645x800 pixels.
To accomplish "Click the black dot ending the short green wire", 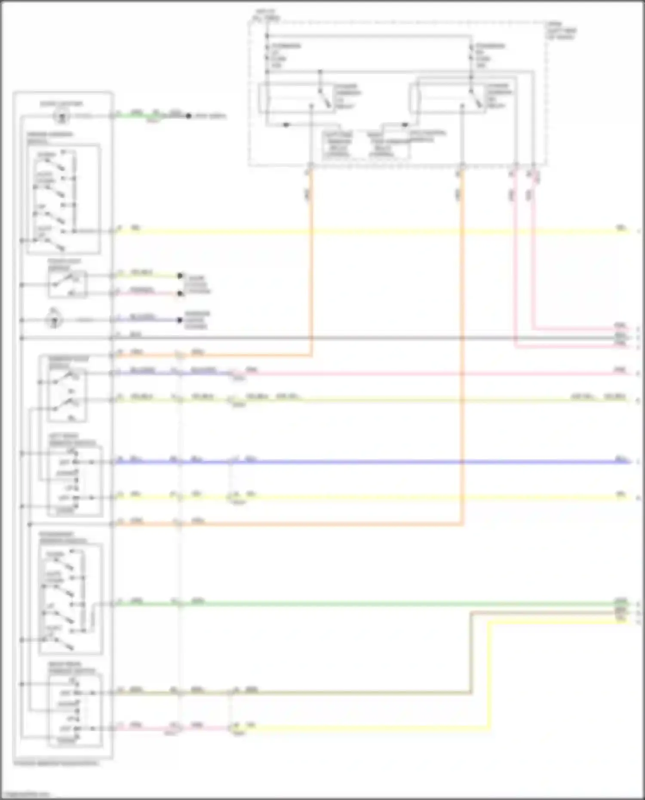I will coord(188,116).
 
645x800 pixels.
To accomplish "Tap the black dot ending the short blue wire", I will coord(180,320).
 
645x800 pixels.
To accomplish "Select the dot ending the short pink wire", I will coord(180,294).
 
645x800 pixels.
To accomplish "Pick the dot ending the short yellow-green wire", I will coord(180,276).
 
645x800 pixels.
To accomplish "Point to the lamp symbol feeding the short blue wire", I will coord(55,320).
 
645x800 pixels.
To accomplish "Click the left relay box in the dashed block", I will coord(296,98).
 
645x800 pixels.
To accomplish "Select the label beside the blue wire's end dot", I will coord(197,320).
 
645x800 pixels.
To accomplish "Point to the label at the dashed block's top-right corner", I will coord(561,31).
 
